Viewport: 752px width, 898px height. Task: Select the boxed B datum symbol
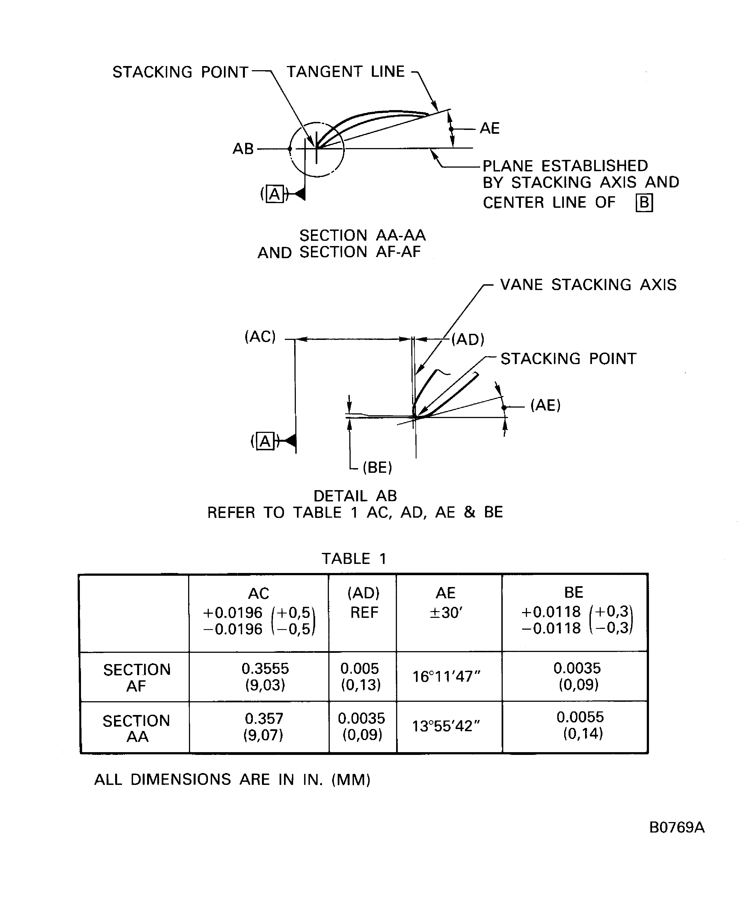tap(644, 203)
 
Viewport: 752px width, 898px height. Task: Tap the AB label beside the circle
tap(243, 149)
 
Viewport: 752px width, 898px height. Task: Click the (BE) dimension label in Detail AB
tap(377, 467)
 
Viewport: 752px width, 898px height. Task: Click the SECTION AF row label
tap(137, 677)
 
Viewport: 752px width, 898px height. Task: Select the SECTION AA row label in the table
tap(137, 728)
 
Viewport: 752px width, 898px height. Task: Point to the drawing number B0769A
tap(677, 828)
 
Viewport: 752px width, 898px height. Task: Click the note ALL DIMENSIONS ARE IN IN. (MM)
tap(232, 780)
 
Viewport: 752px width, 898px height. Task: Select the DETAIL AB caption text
tap(355, 496)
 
